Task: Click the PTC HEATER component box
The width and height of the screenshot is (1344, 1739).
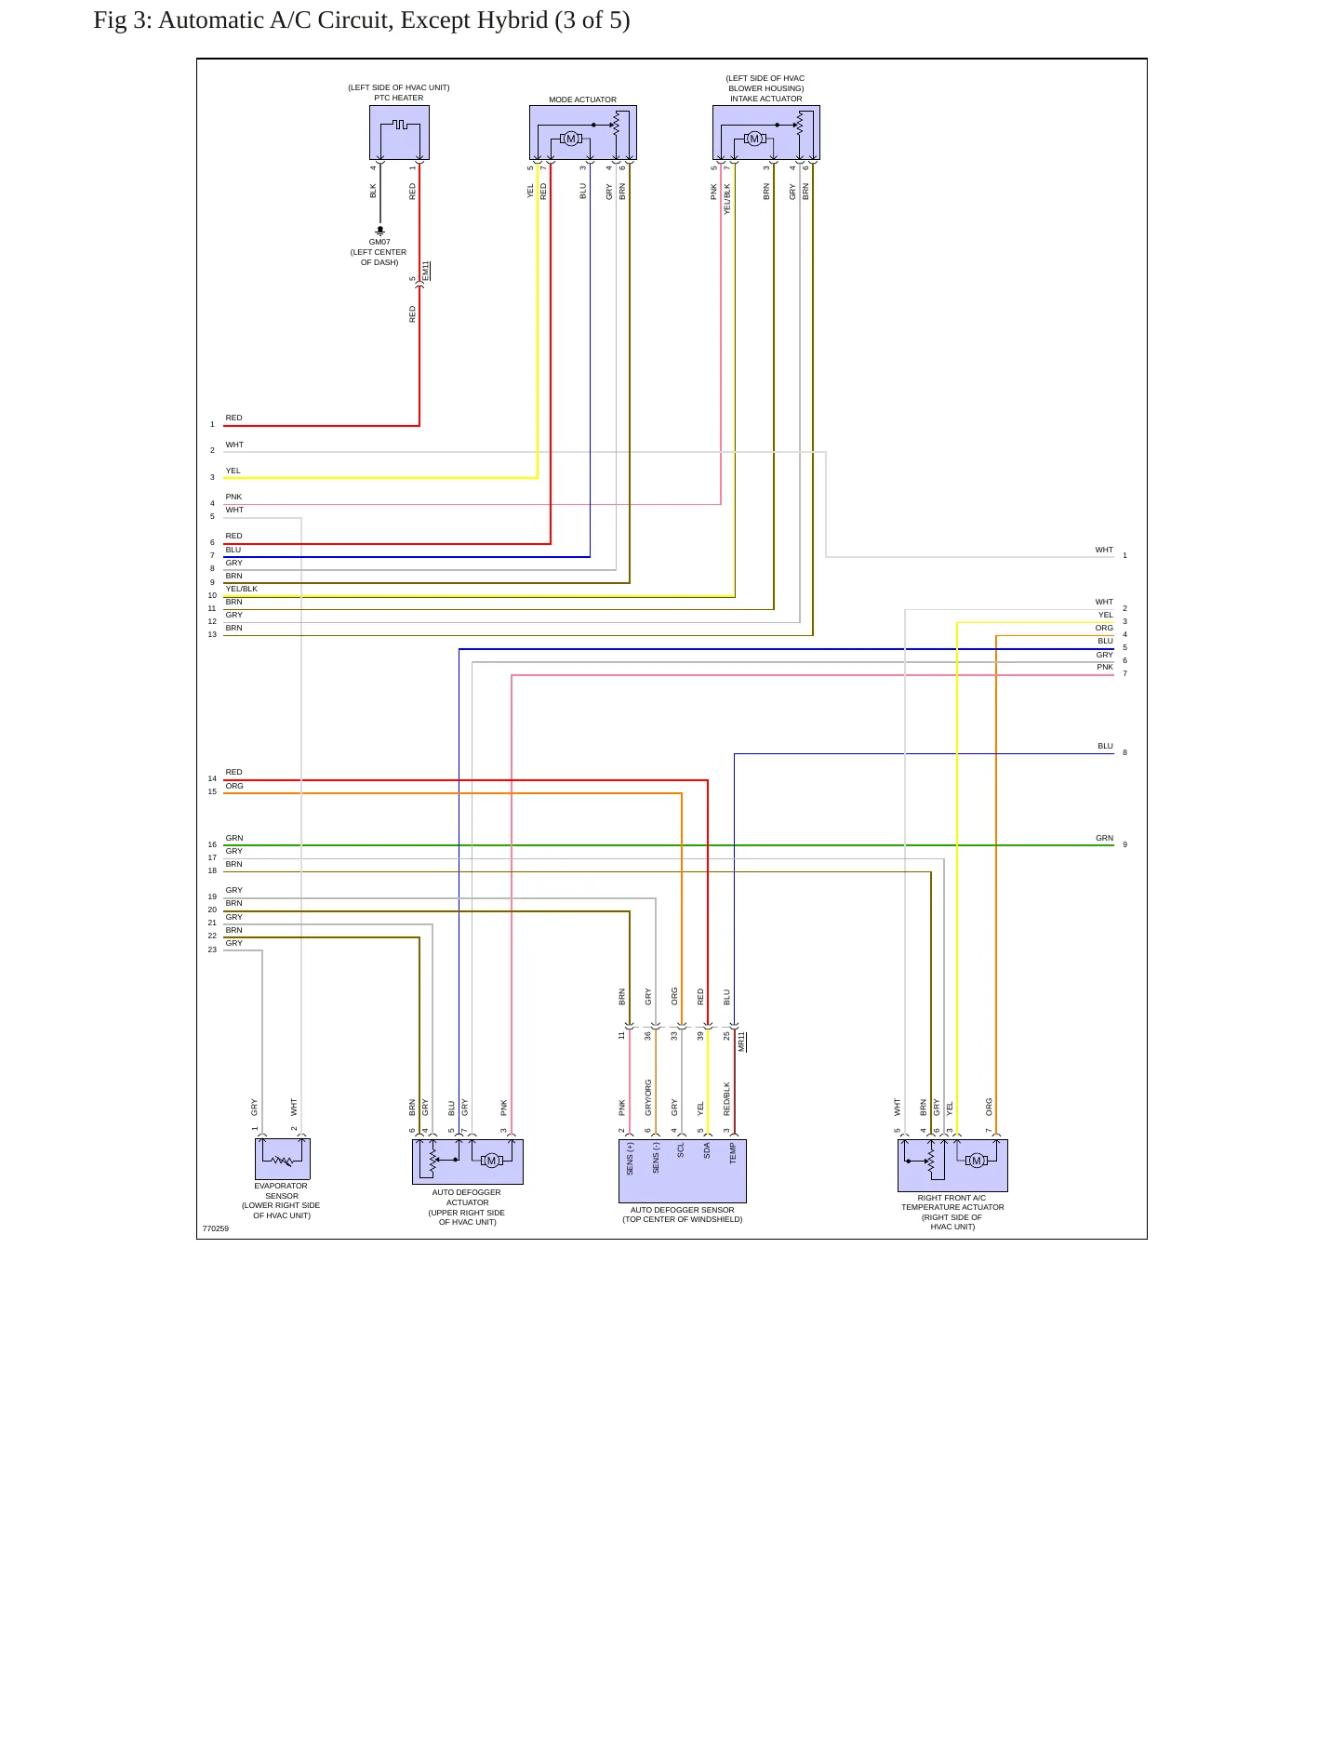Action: (399, 132)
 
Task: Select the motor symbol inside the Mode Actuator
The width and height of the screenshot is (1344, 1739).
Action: (571, 139)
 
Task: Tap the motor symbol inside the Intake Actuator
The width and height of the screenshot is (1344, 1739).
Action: (754, 139)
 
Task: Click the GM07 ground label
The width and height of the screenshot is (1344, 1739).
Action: (379, 242)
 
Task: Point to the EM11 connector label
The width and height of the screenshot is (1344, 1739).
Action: (426, 271)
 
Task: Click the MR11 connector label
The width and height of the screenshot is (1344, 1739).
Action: (741, 1042)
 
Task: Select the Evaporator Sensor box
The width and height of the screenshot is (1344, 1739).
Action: (283, 1160)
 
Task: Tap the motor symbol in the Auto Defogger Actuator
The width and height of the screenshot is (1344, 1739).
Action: (491, 1160)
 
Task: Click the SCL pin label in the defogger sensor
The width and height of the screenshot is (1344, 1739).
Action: (681, 1150)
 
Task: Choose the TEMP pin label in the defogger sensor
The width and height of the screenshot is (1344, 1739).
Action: (733, 1153)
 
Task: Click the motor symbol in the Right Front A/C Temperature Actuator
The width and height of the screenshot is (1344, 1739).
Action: (976, 1161)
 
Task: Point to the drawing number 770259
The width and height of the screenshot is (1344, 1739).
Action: (216, 1228)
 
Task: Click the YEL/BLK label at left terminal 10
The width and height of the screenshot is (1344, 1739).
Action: (242, 589)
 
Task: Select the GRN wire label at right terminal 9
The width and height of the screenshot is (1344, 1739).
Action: (1104, 838)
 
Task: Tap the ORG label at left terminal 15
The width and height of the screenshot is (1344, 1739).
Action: (234, 786)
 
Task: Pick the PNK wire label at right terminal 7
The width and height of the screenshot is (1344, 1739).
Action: (1105, 667)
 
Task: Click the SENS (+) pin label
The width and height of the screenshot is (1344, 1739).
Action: (630, 1159)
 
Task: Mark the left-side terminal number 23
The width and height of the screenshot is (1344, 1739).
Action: (212, 949)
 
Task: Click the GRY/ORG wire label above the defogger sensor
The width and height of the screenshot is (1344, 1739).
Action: (648, 1097)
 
